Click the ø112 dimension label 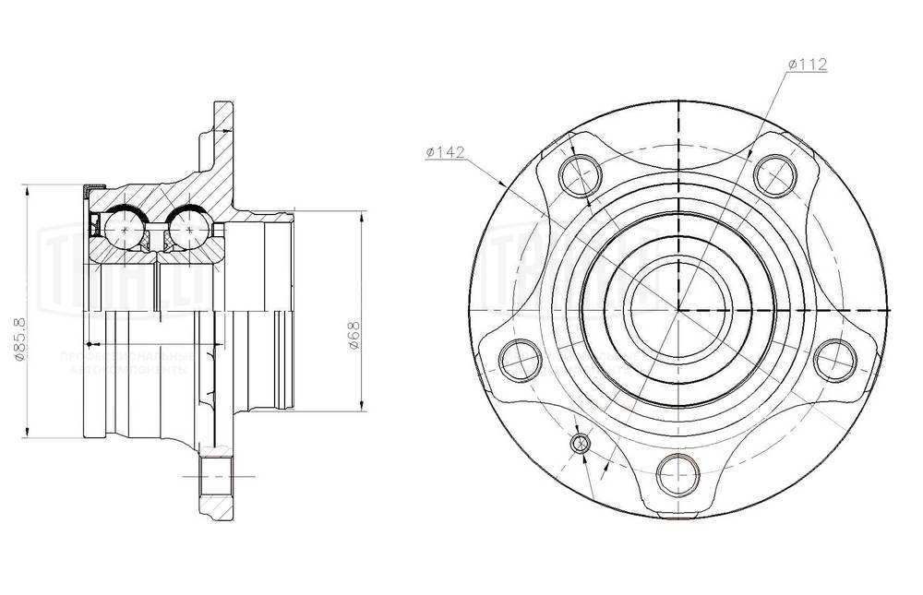[x=807, y=64]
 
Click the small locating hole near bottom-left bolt [x=581, y=444]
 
